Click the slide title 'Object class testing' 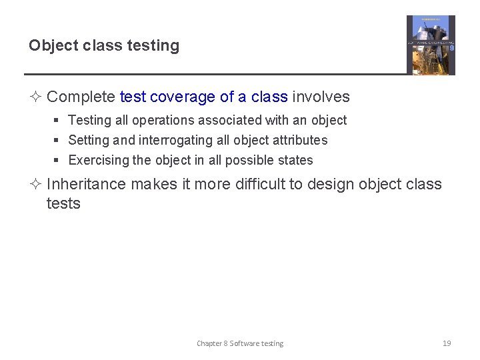pos(104,46)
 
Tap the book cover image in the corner pos(431,45)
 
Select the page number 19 pos(447,343)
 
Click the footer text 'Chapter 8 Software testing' pos(240,343)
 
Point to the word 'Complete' pos(81,97)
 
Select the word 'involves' pos(321,97)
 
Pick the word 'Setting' pos(89,141)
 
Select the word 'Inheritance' pos(86,184)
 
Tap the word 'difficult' pos(265,184)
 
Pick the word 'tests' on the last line pos(63,203)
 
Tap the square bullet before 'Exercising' pos(57,161)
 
